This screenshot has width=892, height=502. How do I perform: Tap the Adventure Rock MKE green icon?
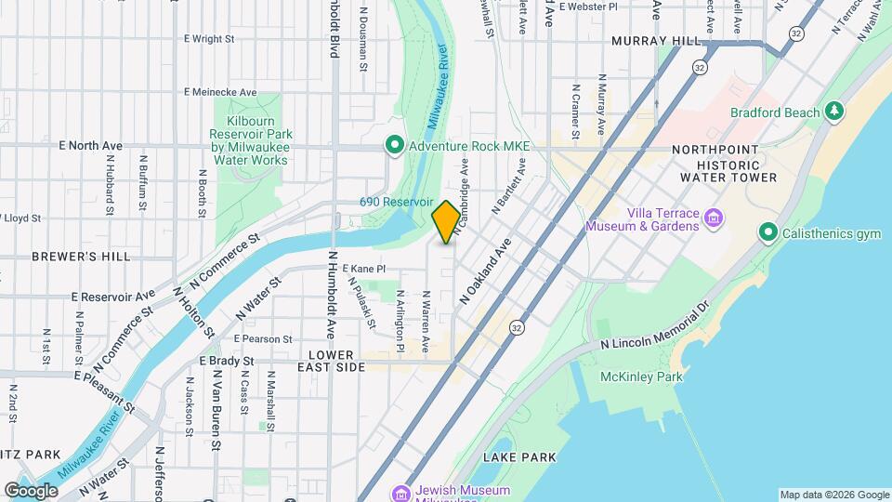pyautogui.click(x=395, y=146)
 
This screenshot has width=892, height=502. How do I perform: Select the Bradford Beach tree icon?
pyautogui.click(x=835, y=112)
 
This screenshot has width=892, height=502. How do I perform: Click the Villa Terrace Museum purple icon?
pyautogui.click(x=714, y=218)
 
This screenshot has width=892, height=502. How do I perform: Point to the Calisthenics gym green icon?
pyautogui.click(x=767, y=232)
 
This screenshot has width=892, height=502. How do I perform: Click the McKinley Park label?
pyautogui.click(x=641, y=376)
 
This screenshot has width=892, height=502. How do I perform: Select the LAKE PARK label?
pyautogui.click(x=519, y=457)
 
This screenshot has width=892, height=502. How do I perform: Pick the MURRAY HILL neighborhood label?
pyautogui.click(x=656, y=42)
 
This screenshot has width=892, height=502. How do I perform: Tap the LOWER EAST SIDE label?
pyautogui.click(x=332, y=362)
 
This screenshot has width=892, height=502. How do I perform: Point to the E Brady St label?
pyautogui.click(x=226, y=361)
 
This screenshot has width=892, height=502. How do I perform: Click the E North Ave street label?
pyautogui.click(x=90, y=146)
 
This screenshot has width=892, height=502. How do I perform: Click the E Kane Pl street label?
pyautogui.click(x=363, y=269)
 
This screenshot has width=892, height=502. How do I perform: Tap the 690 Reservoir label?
pyautogui.click(x=397, y=202)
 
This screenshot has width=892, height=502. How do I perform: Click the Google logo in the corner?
pyautogui.click(x=32, y=490)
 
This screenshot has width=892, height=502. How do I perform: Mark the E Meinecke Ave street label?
pyautogui.click(x=220, y=92)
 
